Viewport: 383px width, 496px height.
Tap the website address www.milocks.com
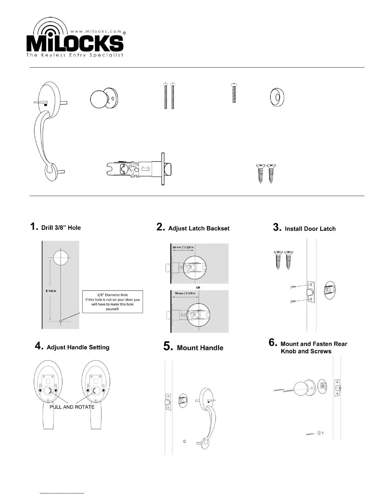tap(96, 31)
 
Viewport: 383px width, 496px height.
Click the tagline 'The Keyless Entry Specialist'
tap(74, 55)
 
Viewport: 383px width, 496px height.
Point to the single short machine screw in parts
tap(233, 93)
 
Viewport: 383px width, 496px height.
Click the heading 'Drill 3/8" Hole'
tap(61, 228)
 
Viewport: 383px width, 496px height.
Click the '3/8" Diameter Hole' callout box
tap(112, 302)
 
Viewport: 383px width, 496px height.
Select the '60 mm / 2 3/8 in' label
tap(183, 247)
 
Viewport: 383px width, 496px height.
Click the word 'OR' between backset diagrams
tap(198, 287)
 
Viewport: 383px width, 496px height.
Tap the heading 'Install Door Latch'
tap(310, 229)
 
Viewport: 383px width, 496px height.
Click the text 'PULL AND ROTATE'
tap(72, 407)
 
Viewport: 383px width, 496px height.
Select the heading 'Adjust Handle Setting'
tap(78, 347)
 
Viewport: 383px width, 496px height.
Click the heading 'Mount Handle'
tap(200, 348)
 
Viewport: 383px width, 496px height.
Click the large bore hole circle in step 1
tap(61, 258)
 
